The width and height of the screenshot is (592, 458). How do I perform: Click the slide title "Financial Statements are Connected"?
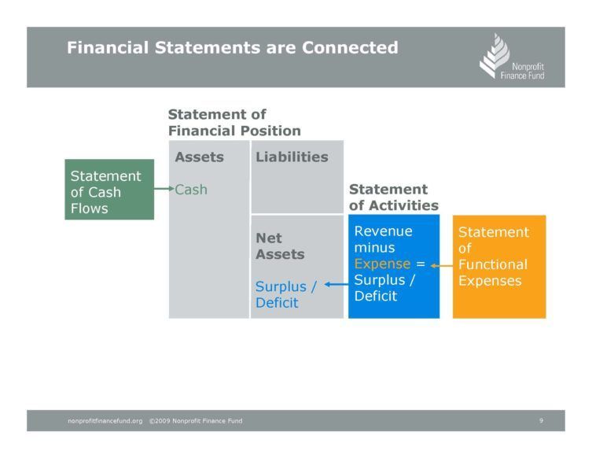(233, 48)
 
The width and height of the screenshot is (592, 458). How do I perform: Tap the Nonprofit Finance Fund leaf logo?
(495, 56)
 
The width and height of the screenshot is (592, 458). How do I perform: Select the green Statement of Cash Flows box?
(109, 190)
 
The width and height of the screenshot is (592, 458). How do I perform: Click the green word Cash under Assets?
(191, 190)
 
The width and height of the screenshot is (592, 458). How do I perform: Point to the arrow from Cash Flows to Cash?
(164, 189)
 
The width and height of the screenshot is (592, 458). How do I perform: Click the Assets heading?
(200, 157)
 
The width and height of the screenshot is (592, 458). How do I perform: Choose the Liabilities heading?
(292, 157)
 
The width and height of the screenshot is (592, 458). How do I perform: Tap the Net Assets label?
(280, 246)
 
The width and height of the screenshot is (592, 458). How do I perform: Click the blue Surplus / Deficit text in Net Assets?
(286, 294)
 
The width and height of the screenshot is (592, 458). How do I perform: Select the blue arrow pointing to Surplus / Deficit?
(336, 284)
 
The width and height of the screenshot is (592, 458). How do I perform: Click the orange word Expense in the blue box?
(382, 264)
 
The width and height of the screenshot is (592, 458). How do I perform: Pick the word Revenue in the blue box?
(383, 231)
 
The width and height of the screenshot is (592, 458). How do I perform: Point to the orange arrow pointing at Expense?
(442, 266)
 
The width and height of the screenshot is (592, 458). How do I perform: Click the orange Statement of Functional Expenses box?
(499, 267)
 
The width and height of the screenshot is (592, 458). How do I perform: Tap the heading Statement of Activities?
(394, 197)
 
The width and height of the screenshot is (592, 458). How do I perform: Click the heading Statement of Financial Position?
(234, 123)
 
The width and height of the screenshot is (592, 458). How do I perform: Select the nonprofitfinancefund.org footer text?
(105, 420)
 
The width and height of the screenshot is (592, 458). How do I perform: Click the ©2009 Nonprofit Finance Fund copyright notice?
(196, 420)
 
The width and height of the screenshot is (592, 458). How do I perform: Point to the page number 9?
(541, 420)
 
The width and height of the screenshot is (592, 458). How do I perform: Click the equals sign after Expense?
(421, 264)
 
